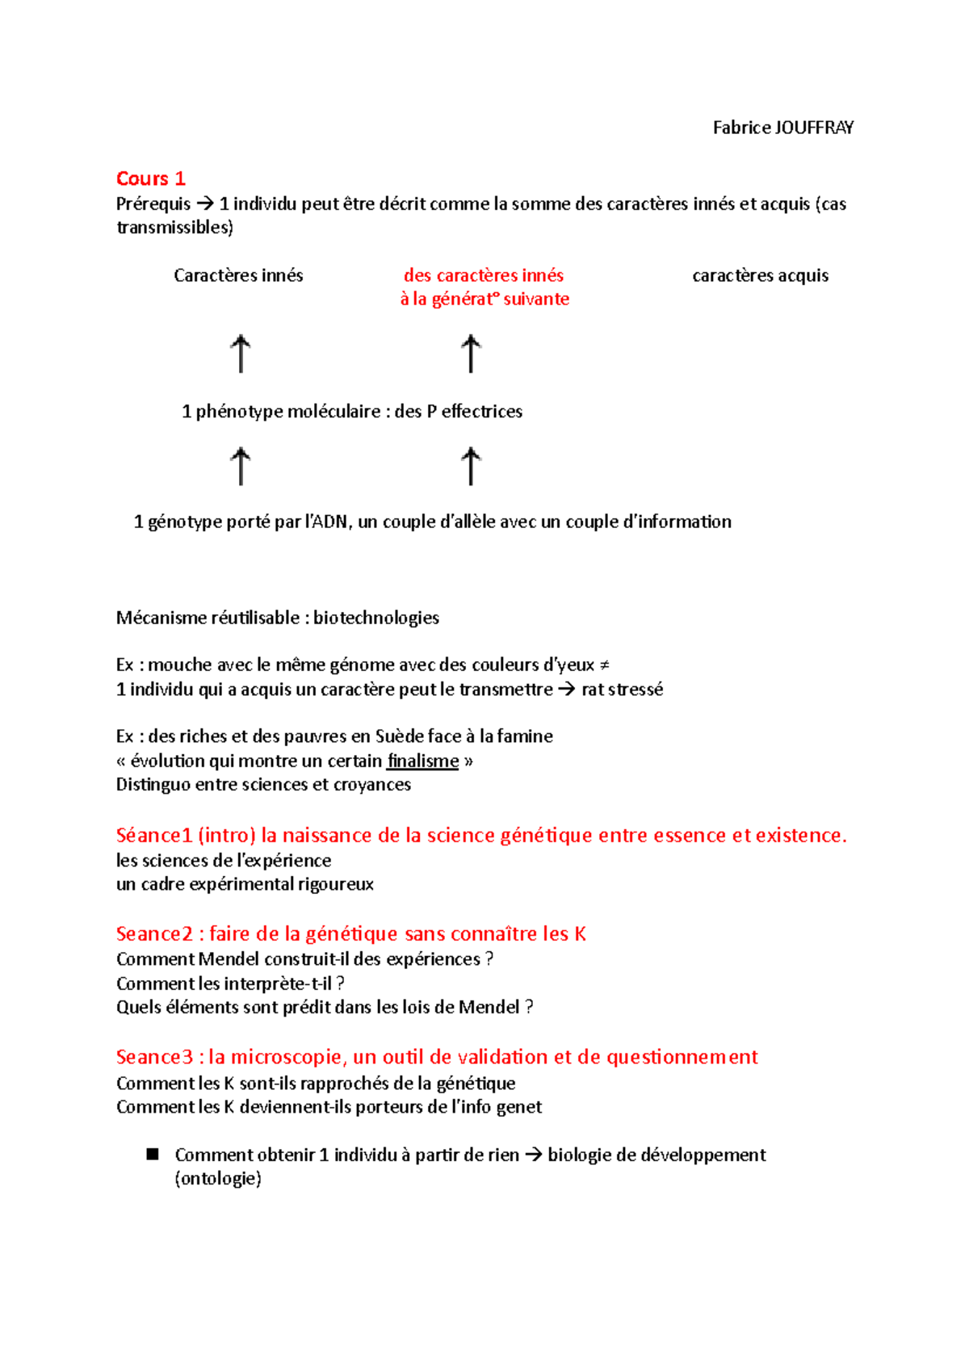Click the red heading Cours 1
click(151, 178)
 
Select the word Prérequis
click(153, 204)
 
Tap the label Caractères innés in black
click(238, 275)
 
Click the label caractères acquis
click(760, 275)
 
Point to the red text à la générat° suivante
click(484, 300)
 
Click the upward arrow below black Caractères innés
click(240, 354)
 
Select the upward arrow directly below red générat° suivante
click(471, 354)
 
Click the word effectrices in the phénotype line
click(481, 412)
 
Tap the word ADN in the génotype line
click(329, 522)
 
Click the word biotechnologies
click(376, 618)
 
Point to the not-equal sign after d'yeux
click(604, 665)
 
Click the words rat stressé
click(622, 690)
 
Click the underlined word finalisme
click(422, 761)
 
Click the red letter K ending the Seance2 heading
click(580, 934)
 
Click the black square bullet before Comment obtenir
click(153, 1155)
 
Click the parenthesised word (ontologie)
click(218, 1179)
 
